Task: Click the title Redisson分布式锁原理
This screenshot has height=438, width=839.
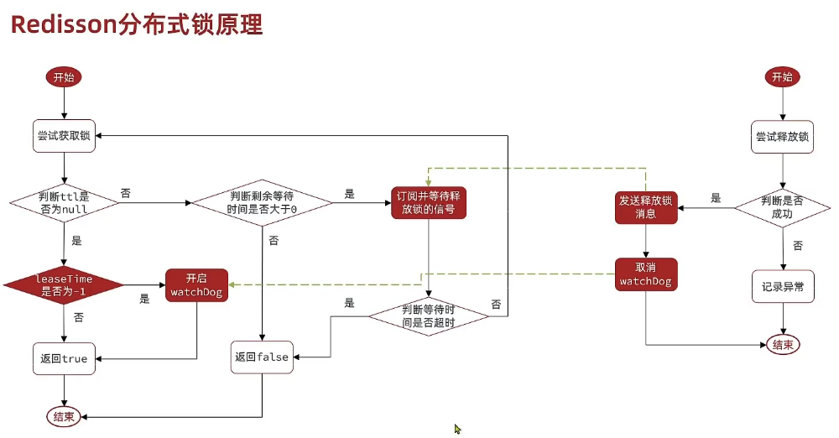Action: (x=137, y=24)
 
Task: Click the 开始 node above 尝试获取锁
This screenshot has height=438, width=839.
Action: (x=64, y=77)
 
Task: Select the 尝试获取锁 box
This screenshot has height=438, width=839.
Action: (x=64, y=136)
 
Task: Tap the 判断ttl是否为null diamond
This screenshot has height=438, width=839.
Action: (x=64, y=202)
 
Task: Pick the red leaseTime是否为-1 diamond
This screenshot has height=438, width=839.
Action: (x=64, y=284)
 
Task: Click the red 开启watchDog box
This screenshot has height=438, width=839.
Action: (x=195, y=284)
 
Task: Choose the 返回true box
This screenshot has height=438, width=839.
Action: (x=64, y=358)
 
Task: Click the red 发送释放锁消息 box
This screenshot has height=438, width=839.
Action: (x=646, y=207)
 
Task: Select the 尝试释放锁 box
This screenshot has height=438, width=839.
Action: (x=782, y=137)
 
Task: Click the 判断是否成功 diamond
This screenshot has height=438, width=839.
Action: (x=782, y=207)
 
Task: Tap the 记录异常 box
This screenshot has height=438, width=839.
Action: (x=782, y=286)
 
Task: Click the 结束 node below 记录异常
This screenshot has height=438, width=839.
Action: (x=782, y=344)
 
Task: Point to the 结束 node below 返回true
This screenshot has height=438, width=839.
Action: (x=64, y=416)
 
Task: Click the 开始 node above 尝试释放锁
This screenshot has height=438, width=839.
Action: (x=782, y=77)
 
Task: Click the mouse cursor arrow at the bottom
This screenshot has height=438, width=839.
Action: (x=458, y=429)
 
